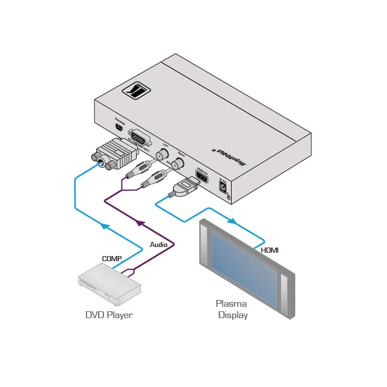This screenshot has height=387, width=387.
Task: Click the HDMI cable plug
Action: tap(186, 187)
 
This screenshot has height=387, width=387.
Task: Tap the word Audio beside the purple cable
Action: tap(159, 244)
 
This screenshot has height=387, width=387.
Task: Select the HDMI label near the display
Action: tap(269, 250)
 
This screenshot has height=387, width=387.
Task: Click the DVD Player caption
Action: tap(109, 315)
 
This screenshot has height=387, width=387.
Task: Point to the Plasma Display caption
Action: tap(232, 309)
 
